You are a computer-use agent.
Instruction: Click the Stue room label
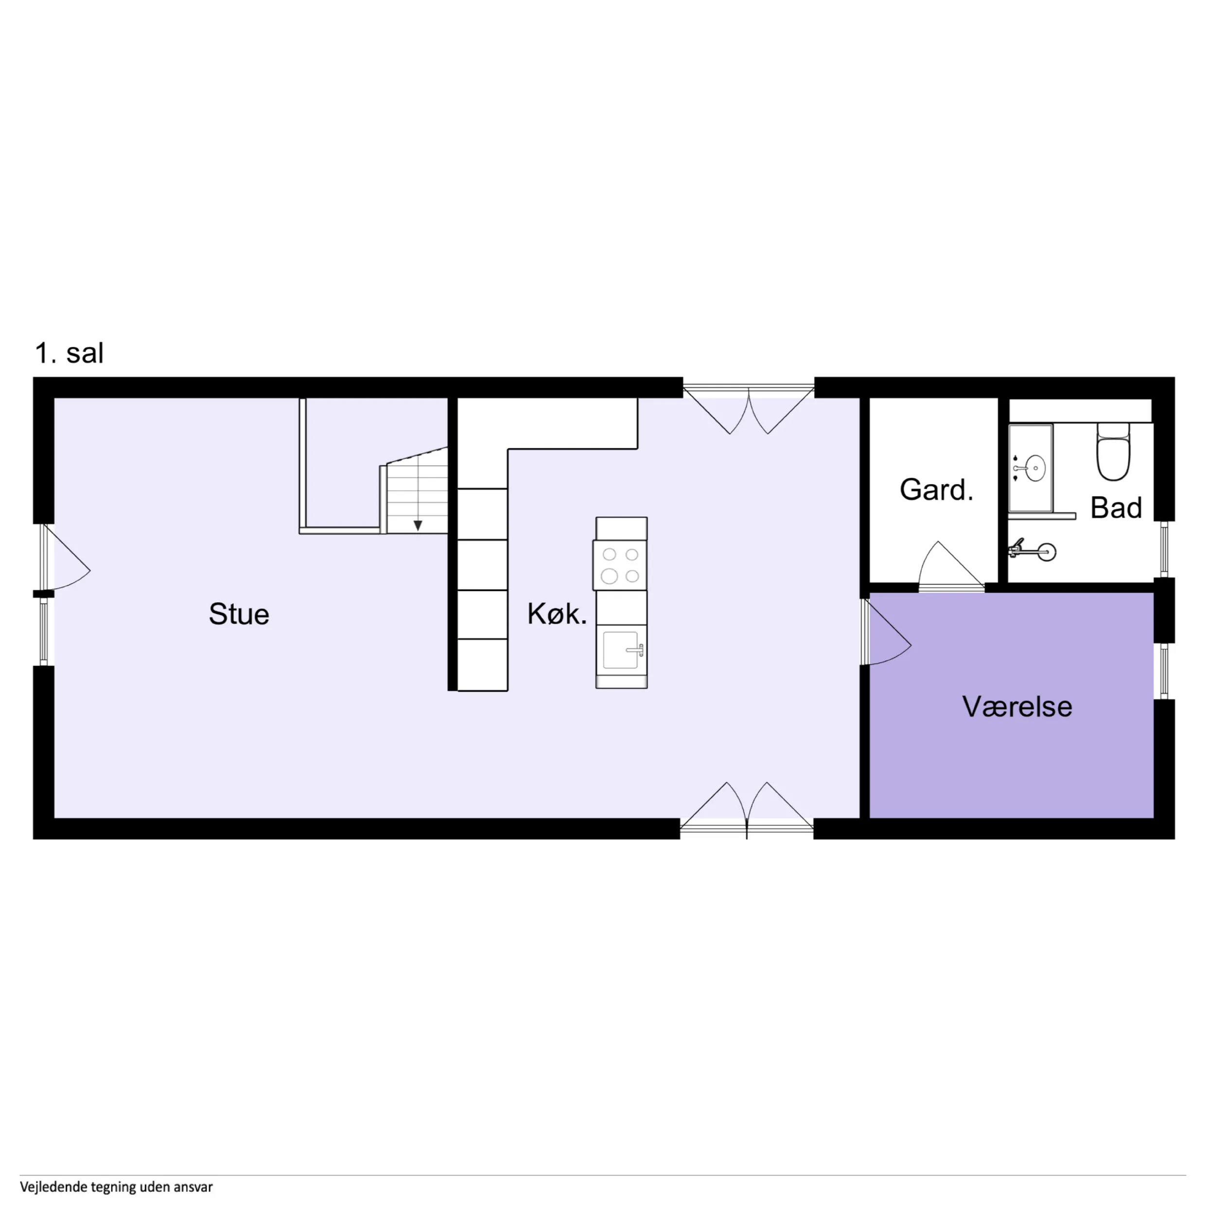[x=239, y=614]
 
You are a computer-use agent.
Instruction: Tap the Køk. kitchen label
[x=557, y=614]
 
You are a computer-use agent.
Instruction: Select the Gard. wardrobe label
[x=936, y=490]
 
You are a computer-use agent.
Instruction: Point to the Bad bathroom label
[x=1116, y=508]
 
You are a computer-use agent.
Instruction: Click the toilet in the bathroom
[x=1114, y=452]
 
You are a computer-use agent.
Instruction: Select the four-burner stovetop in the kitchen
[x=620, y=564]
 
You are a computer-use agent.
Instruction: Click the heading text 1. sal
[x=70, y=353]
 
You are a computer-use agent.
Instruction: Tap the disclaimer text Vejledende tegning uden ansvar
[x=116, y=1187]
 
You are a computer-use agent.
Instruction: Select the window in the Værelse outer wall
[x=1164, y=671]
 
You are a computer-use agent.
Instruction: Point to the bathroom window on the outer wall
[x=1164, y=549]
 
